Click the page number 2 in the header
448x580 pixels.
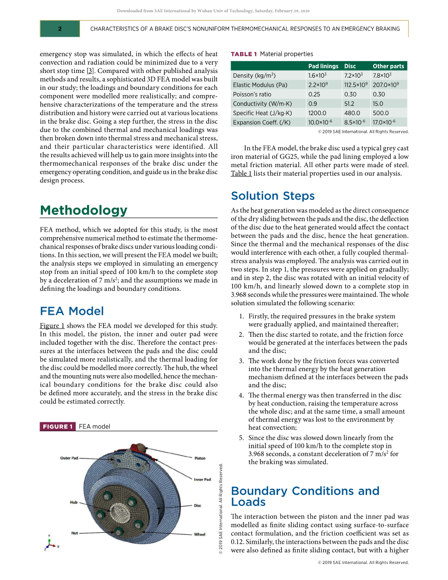tap(60, 29)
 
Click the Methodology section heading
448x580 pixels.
tap(84, 210)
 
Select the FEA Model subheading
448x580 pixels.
tap(72, 311)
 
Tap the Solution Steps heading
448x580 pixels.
tap(273, 196)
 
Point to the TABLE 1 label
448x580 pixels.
tap(244, 54)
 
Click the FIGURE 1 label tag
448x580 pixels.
tap(58, 427)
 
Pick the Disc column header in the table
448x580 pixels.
tap(350, 66)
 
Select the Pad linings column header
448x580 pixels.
tap(323, 66)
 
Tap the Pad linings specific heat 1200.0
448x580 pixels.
tap(317, 113)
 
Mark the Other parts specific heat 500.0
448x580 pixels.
tap(381, 113)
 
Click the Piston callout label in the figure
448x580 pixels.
tap(200, 458)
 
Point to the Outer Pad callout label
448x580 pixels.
tap(69, 458)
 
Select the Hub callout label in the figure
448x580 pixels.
tap(74, 502)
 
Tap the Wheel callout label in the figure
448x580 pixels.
tap(200, 534)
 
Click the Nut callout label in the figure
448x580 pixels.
tap(74, 533)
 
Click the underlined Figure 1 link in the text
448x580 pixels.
tap(52, 326)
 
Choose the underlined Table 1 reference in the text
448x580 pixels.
tap(241, 173)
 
